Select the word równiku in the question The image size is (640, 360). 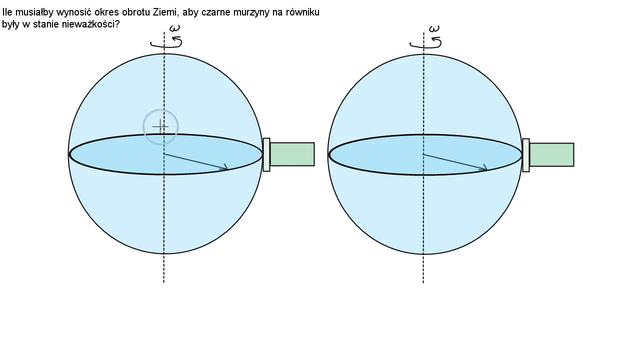[x=302, y=12]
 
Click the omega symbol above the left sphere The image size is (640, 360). [x=174, y=28]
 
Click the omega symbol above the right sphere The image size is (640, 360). [x=434, y=28]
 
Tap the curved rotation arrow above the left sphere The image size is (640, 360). [x=166, y=42]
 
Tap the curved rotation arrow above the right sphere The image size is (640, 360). [x=425, y=43]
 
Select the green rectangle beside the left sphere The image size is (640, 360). [x=292, y=154]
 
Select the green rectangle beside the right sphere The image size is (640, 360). [x=551, y=154]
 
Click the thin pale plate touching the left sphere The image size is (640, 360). [x=266, y=155]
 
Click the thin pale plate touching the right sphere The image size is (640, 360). [x=525, y=155]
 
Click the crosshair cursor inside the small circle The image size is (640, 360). [x=160, y=126]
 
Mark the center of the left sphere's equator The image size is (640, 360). [x=163, y=154]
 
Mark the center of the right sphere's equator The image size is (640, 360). [x=423, y=154]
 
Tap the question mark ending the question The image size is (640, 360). [x=116, y=24]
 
